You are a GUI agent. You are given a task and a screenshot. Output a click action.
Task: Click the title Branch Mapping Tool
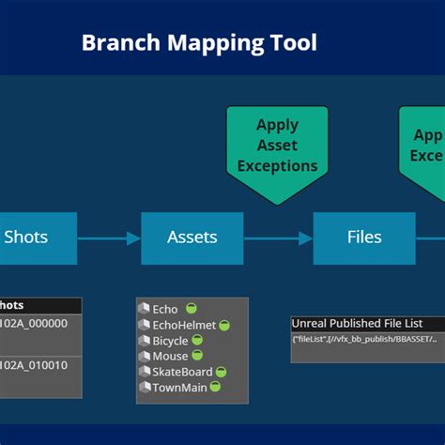click(x=199, y=42)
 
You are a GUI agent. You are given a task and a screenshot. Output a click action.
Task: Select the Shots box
click(x=26, y=238)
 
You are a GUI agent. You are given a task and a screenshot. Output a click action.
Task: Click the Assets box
click(x=192, y=238)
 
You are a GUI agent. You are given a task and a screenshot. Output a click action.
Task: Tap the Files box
click(x=363, y=238)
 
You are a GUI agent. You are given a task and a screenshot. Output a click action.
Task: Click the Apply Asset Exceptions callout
click(x=277, y=145)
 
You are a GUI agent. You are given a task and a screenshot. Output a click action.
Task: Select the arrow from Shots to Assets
click(x=109, y=238)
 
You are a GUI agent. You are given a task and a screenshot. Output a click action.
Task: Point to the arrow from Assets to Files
click(x=278, y=238)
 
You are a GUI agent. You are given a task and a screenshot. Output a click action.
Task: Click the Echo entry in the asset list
click(x=165, y=309)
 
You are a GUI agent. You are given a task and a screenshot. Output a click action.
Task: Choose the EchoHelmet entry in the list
click(x=184, y=325)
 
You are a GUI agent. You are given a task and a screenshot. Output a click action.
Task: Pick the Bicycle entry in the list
click(x=170, y=340)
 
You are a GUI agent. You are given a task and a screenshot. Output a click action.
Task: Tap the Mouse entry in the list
click(x=170, y=356)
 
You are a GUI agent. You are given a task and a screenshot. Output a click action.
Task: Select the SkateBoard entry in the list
click(x=182, y=371)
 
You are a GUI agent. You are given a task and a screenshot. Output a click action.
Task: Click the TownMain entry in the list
click(x=179, y=387)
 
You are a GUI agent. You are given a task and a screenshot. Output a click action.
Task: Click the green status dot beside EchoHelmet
click(x=224, y=325)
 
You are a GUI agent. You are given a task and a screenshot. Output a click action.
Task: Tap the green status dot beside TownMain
click(x=216, y=387)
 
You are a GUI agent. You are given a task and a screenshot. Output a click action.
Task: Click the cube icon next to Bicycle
click(x=145, y=340)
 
